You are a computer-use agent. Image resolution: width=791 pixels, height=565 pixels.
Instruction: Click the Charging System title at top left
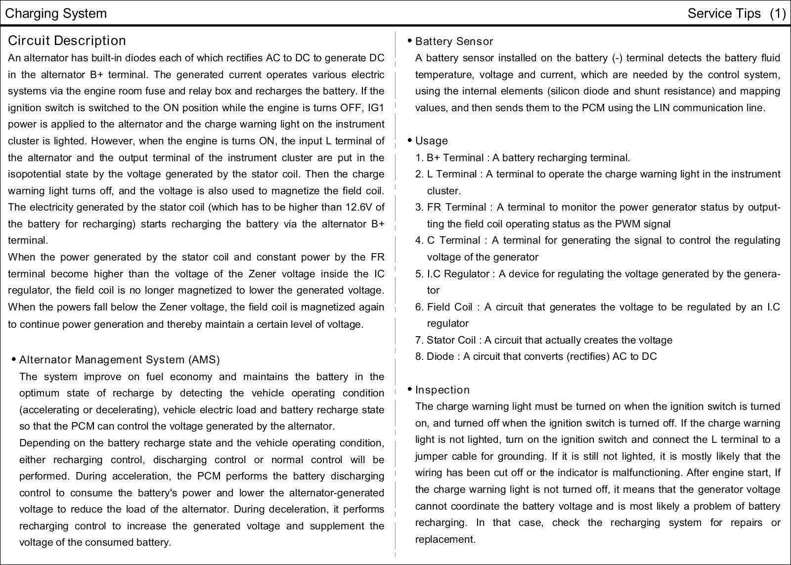coord(55,13)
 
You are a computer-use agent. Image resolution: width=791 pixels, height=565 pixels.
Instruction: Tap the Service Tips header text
coord(724,13)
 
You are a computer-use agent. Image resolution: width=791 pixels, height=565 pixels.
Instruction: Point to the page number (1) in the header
coord(777,13)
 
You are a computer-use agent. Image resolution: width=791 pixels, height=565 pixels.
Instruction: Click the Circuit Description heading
coord(67,41)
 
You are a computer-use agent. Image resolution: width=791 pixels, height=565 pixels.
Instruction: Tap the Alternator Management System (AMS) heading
coord(119,360)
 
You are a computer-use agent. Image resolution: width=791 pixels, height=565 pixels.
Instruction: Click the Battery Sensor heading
coord(454,42)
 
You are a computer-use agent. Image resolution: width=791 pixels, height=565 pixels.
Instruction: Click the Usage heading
coord(431,141)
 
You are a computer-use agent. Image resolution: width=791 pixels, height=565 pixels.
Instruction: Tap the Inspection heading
coord(442,390)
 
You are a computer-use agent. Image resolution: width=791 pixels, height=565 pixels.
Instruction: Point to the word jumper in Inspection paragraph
coord(430,456)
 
